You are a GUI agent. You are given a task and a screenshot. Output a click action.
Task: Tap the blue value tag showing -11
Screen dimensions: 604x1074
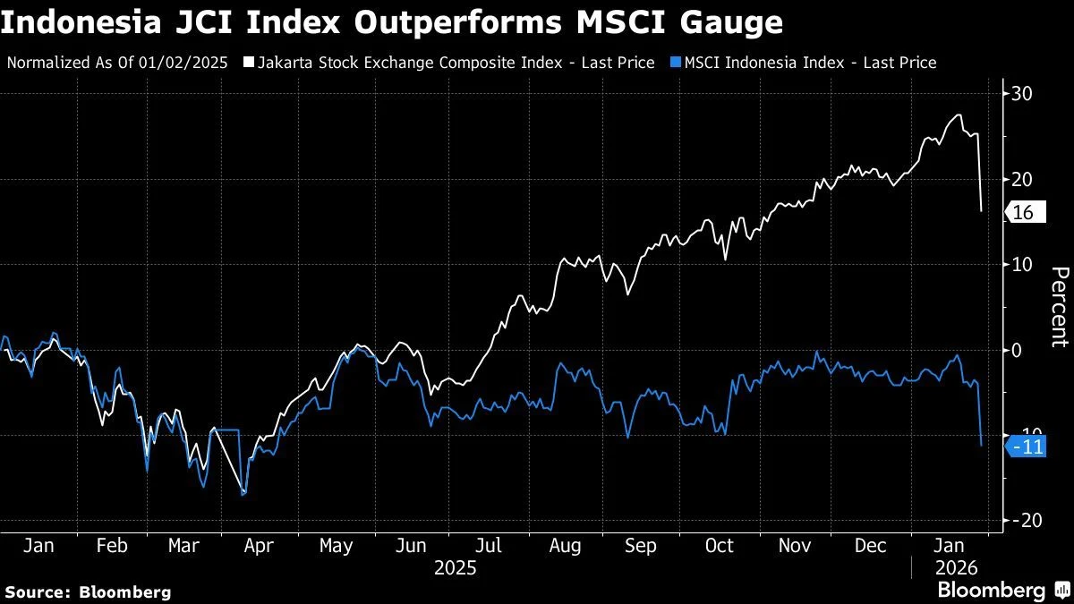click(x=1027, y=447)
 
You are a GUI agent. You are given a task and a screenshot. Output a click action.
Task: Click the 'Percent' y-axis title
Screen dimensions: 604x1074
click(x=1059, y=306)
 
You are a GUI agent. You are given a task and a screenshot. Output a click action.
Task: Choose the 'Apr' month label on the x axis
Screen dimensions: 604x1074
click(x=259, y=546)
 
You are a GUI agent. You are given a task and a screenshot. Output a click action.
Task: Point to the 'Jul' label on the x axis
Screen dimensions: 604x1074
click(x=488, y=546)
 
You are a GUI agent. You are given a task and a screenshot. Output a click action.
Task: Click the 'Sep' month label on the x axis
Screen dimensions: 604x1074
click(x=641, y=546)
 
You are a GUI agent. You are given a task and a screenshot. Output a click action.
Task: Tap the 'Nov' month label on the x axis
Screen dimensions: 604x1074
click(x=794, y=546)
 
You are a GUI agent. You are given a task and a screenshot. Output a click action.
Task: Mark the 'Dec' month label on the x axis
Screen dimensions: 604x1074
click(x=871, y=546)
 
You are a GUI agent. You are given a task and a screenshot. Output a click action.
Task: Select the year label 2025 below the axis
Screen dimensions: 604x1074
click(x=455, y=567)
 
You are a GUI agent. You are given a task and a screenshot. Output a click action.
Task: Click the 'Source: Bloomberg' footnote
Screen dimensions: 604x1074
click(x=88, y=591)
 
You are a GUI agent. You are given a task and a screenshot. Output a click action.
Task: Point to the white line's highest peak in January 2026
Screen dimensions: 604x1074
click(x=959, y=115)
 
